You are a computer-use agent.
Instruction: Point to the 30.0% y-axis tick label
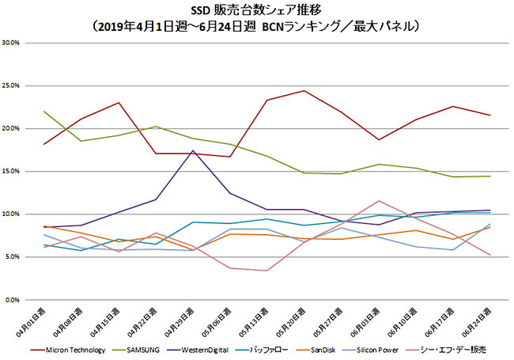14,43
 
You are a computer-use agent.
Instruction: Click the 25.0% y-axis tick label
14,85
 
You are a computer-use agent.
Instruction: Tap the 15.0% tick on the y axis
14,172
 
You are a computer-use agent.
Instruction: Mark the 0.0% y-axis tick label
16,301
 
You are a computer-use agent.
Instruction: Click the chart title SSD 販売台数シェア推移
256,11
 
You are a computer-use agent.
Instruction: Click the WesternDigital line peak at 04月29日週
194,150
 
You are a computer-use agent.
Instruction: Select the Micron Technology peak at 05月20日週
304,90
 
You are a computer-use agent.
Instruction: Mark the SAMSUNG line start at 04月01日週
44,112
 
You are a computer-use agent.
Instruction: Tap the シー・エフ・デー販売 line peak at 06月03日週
380,201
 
